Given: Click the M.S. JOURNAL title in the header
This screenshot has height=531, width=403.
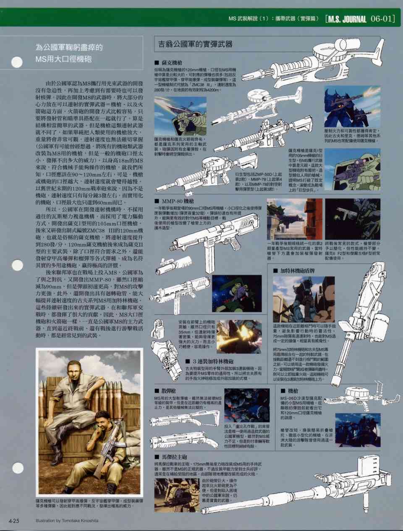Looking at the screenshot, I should coord(347,19).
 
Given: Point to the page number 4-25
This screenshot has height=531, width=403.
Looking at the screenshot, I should coord(14,521).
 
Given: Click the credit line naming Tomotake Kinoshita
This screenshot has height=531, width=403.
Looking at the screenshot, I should coord(67,521).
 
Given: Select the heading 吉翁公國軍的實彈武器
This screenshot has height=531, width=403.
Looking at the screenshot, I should coord(195,44).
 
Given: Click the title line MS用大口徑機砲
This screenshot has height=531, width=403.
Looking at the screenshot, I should coord(63,59).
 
